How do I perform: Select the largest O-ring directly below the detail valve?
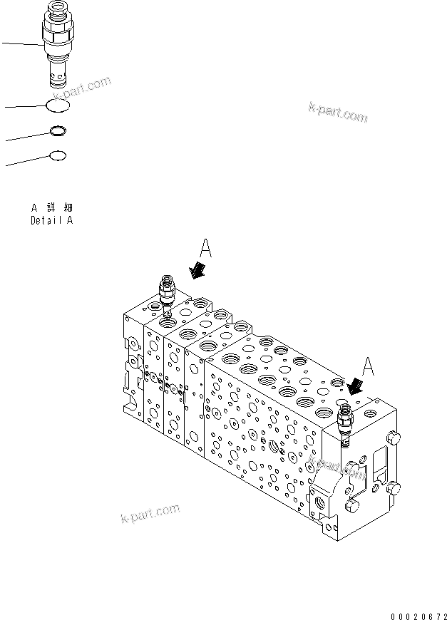tap(58, 105)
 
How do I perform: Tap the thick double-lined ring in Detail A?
tap(58, 131)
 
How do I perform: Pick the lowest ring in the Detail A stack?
tap(58, 155)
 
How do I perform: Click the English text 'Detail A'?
tap(51, 220)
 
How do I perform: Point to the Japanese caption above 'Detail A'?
tap(51, 207)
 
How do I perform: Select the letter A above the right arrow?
tap(369, 366)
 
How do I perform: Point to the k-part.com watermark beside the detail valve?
tap(84, 89)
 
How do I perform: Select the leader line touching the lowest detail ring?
tap(27, 161)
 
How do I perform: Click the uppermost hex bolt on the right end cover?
tap(396, 437)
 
